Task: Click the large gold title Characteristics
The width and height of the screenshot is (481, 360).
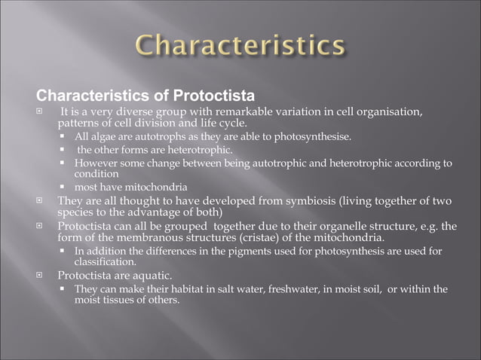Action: click(x=240, y=44)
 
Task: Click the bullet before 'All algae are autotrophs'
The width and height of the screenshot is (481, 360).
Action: click(x=65, y=138)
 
